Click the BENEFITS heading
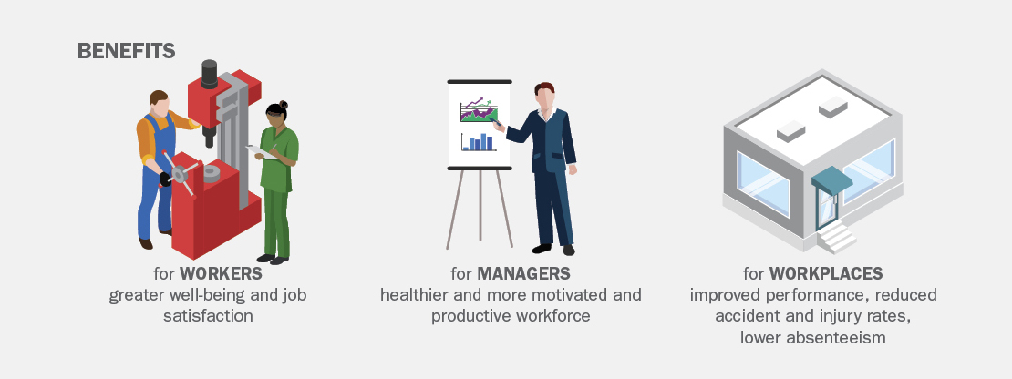[127, 51]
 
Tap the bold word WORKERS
[221, 273]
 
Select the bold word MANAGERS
[523, 273]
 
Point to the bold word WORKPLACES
[825, 273]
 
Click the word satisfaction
[208, 316]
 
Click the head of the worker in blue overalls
[159, 102]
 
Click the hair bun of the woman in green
[284, 105]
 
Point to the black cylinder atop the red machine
[209, 74]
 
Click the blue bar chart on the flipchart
[479, 142]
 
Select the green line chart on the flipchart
[479, 111]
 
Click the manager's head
[544, 96]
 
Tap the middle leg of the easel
[480, 205]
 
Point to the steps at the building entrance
[836, 237]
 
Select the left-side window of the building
[763, 184]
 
